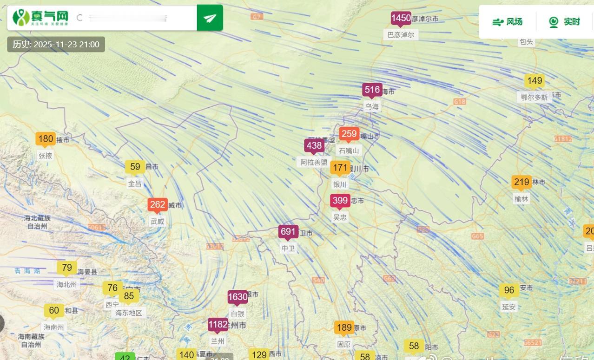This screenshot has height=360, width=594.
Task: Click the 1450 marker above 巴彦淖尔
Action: click(401, 19)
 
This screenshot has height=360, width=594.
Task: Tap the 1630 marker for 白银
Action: click(238, 297)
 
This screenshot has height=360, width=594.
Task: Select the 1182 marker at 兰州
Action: click(218, 325)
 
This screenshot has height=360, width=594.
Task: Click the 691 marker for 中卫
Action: click(288, 232)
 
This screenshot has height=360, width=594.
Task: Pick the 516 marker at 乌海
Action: click(372, 90)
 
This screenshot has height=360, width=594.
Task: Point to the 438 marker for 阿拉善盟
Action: click(314, 146)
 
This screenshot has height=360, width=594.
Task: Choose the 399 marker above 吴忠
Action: click(340, 201)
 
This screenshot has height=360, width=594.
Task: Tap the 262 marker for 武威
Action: click(158, 205)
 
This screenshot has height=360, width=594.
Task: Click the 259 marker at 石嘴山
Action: click(349, 134)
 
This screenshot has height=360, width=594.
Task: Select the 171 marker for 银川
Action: click(340, 168)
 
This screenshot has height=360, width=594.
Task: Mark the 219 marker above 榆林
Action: click(521, 182)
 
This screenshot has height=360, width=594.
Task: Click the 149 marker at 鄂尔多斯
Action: click(534, 81)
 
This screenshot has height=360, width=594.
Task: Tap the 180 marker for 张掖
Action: click(46, 139)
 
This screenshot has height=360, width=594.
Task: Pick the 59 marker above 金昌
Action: click(135, 167)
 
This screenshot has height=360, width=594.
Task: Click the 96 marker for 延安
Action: click(509, 290)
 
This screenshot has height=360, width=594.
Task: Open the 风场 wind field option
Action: click(508, 22)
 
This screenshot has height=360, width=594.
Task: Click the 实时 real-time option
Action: click(565, 22)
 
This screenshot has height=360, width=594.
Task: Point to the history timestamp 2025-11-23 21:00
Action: click(56, 45)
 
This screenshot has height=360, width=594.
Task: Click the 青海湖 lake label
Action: click(27, 270)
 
